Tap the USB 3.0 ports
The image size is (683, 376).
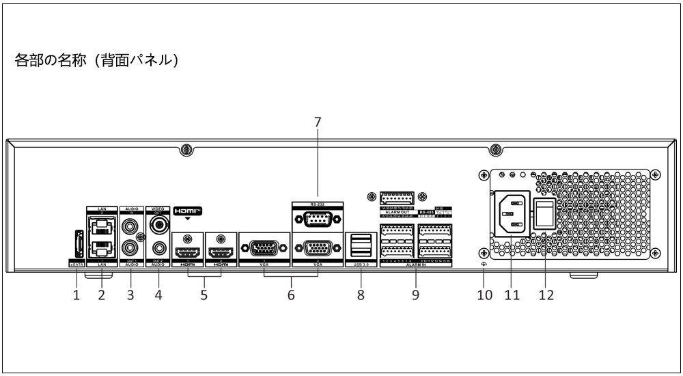(x=360, y=245)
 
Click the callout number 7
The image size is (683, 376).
(x=317, y=123)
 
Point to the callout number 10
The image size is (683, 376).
(x=484, y=295)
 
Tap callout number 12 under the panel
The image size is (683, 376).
(x=545, y=295)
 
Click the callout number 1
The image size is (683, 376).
(x=76, y=295)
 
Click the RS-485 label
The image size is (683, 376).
(x=427, y=213)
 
